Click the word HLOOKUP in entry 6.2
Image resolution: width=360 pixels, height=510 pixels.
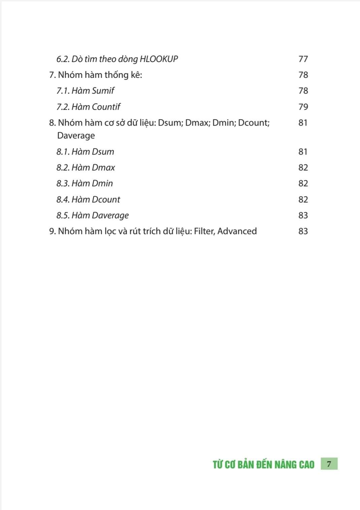159,59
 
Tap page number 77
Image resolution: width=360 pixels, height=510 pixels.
303,59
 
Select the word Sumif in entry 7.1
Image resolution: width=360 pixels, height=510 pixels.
103,91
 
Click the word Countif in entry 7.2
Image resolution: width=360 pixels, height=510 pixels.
106,107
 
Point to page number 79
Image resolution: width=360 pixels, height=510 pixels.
303,107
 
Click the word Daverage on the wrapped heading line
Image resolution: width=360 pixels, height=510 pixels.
76,136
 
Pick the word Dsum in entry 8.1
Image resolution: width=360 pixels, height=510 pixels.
103,152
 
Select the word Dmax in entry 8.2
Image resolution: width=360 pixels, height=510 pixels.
103,167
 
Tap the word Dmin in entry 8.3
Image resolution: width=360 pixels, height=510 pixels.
102,183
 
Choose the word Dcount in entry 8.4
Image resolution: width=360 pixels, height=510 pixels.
106,199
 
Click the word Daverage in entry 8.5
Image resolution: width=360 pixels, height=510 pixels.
110,216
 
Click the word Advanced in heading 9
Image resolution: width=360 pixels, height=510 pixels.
237,231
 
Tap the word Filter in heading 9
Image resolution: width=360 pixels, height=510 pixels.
204,231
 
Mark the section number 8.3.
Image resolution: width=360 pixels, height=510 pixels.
63,183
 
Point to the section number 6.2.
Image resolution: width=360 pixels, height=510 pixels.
63,59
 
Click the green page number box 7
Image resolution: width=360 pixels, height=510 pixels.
329,464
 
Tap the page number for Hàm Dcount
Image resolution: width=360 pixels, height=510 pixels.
303,199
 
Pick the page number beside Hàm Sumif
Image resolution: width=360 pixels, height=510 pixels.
303,91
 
